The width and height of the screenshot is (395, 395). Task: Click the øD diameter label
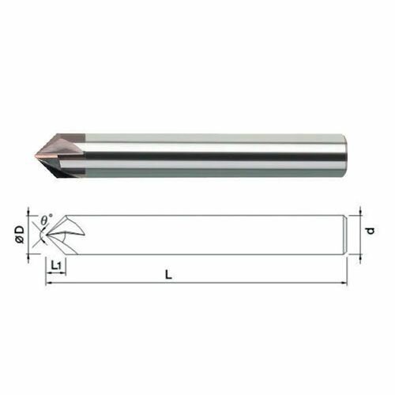[20, 234]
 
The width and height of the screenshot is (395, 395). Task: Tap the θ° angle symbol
[47, 220]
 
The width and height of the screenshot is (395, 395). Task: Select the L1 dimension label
[56, 265]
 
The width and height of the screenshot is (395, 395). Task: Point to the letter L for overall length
[168, 275]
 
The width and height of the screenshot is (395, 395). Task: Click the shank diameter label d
[370, 231]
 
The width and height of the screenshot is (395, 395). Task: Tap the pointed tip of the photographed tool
[36, 154]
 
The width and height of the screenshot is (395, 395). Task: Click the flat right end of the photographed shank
[345, 156]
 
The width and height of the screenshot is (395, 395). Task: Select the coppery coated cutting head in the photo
[61, 155]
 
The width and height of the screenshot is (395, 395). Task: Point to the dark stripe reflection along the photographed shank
[203, 156]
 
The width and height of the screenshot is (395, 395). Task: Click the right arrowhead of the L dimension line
[344, 283]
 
